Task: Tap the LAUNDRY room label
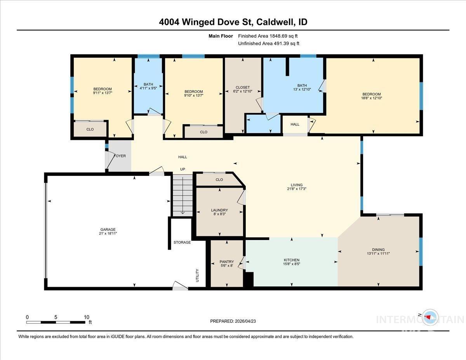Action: pyautogui.click(x=219, y=210)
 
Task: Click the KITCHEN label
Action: pyautogui.click(x=291, y=260)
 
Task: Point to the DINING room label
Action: pyautogui.click(x=378, y=250)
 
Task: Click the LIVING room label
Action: pyautogui.click(x=297, y=185)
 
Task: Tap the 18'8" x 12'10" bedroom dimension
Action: pyautogui.click(x=372, y=99)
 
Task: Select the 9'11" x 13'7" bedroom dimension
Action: pyautogui.click(x=103, y=93)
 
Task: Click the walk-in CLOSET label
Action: pyautogui.click(x=243, y=87)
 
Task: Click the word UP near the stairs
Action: pyautogui.click(x=183, y=169)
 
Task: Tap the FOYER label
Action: pyautogui.click(x=120, y=156)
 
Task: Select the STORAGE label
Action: pyautogui.click(x=182, y=242)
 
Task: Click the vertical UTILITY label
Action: pyautogui.click(x=197, y=275)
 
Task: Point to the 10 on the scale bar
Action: pyautogui.click(x=87, y=317)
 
